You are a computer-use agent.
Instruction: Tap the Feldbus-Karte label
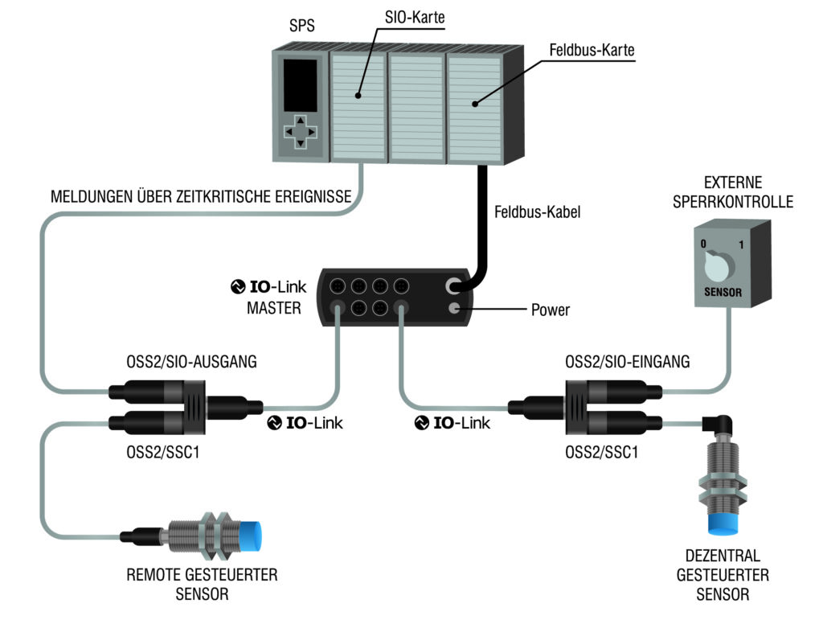pos(592,50)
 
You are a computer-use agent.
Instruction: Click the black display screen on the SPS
pos(298,86)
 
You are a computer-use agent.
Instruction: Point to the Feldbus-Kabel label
pos(536,213)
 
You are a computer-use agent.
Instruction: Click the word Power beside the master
pos(550,310)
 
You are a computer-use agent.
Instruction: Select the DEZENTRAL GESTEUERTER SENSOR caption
pos(723,576)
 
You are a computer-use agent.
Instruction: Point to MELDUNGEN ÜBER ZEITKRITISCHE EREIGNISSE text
pos(201,197)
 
